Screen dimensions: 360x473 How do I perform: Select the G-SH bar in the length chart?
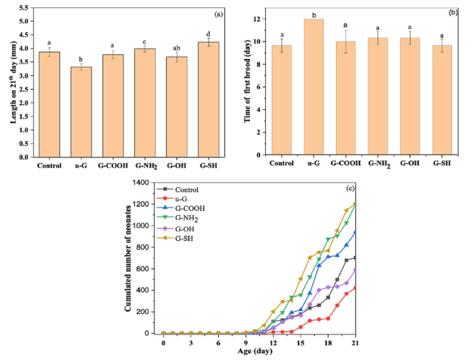(x=208, y=99)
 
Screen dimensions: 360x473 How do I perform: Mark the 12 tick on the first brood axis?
(x=260, y=19)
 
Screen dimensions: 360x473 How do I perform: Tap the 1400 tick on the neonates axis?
(x=140, y=183)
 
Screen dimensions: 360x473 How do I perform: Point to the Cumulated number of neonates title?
(x=128, y=258)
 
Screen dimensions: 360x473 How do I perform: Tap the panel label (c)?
(x=349, y=188)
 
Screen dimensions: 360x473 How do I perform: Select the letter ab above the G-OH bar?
(x=176, y=47)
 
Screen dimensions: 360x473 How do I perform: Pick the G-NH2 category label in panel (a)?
(x=145, y=165)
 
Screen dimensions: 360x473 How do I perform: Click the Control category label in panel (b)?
(x=281, y=164)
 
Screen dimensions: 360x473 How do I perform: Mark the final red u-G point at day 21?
(x=354, y=288)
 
